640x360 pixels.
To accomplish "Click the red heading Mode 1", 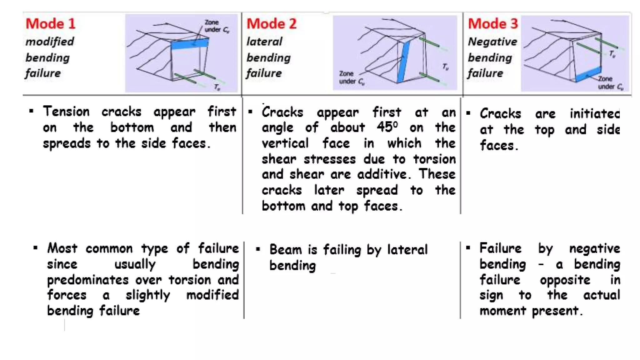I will [x=50, y=24].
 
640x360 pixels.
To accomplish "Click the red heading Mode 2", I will [x=271, y=24].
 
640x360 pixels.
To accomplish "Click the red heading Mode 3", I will [x=492, y=24].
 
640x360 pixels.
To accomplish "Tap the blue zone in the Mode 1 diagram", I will [x=190, y=44].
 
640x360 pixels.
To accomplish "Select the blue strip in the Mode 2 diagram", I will [x=403, y=62].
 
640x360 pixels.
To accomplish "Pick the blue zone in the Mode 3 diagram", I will [x=588, y=74].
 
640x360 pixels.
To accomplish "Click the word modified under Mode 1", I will [x=50, y=41].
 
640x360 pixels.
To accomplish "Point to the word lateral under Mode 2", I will [x=264, y=41].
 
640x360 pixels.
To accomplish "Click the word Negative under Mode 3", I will [x=492, y=41].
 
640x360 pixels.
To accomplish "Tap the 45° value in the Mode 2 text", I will [x=387, y=127].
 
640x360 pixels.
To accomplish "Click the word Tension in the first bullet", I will [x=66, y=111].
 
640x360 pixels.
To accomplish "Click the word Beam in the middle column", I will [x=285, y=249].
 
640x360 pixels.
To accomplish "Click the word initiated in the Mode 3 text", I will [x=594, y=113].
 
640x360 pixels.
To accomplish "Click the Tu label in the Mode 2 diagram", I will [x=445, y=67].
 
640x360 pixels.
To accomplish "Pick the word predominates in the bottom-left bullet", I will [x=87, y=280].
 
